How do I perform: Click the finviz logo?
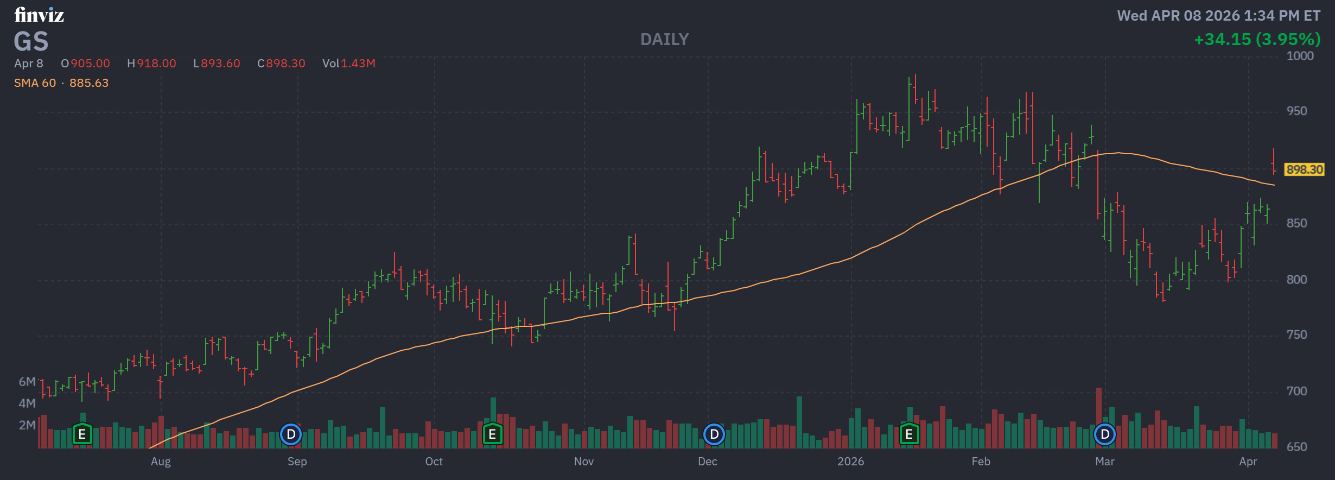tap(39, 15)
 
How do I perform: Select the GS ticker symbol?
tap(31, 42)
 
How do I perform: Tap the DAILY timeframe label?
tap(664, 40)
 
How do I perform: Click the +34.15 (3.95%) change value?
tap(1257, 40)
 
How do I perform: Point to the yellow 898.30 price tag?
tap(1304, 169)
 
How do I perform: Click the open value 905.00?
tap(90, 64)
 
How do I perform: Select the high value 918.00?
tap(156, 64)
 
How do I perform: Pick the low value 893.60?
tap(220, 64)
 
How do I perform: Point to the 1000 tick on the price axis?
tap(1300, 56)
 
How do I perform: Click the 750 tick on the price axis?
tap(1296, 335)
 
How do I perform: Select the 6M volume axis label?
tap(27, 382)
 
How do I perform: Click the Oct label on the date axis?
tap(434, 462)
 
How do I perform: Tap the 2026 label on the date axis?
tap(850, 462)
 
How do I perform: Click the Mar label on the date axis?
tap(1104, 462)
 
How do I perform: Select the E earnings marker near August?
tap(82, 434)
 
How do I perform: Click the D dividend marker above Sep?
tap(291, 434)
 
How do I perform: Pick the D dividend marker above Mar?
tap(1104, 434)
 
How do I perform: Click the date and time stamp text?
tap(1218, 16)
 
